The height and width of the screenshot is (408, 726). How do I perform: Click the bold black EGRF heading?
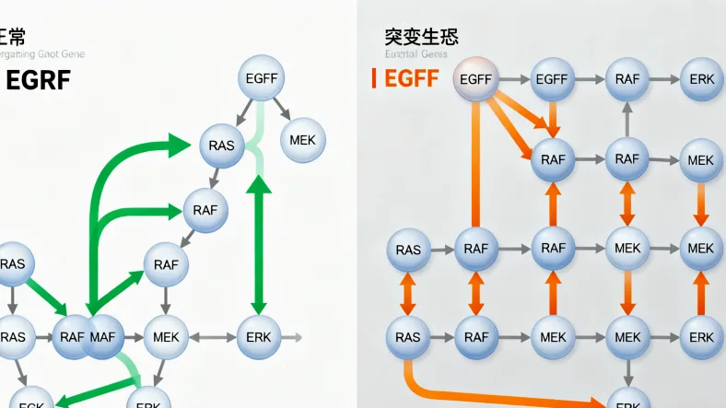[x=37, y=80]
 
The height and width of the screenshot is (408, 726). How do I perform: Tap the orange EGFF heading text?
[x=411, y=79]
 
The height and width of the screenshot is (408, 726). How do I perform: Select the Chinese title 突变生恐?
[x=421, y=37]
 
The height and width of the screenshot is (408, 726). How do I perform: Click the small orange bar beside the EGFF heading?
[x=374, y=79]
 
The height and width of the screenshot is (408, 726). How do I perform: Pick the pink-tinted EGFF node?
[x=475, y=79]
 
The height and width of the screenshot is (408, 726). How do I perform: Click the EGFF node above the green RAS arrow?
[x=263, y=78]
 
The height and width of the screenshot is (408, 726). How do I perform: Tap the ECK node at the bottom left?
[x=29, y=401]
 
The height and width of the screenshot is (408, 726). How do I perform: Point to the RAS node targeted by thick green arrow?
[x=221, y=146]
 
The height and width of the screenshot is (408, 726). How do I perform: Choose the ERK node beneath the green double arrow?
[x=259, y=337]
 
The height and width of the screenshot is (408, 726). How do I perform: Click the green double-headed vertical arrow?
[x=259, y=243]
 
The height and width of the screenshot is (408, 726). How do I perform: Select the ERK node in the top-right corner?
[x=701, y=79]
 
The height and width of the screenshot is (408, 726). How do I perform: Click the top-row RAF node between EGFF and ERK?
[x=627, y=79]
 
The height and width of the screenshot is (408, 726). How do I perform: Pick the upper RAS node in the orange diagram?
[x=407, y=250]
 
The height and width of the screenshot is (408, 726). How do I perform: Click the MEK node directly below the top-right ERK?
[x=701, y=160]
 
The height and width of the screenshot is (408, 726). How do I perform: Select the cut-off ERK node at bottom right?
[x=627, y=402]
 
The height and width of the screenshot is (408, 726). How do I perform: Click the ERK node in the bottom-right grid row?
[x=701, y=337]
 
